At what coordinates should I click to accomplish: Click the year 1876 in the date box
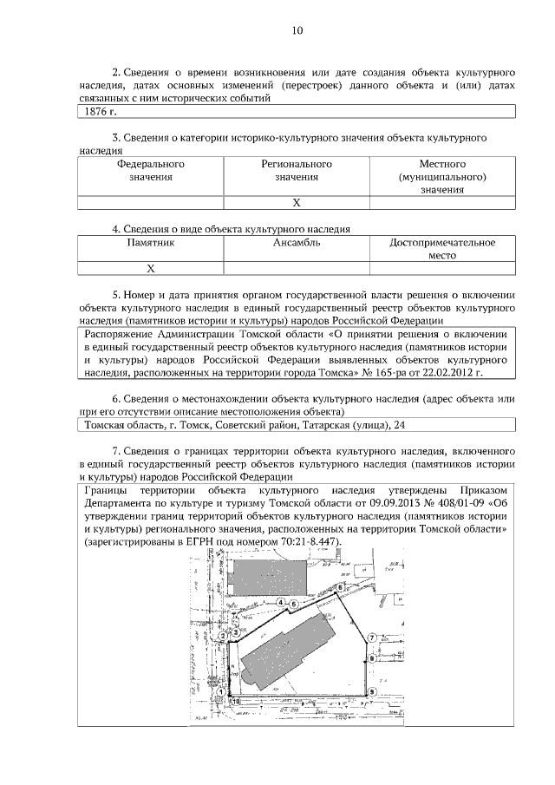click(x=93, y=112)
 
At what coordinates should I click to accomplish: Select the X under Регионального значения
click(x=297, y=202)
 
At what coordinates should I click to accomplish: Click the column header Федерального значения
click(x=151, y=170)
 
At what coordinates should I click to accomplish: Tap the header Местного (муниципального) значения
click(x=442, y=176)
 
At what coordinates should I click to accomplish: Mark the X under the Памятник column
click(x=151, y=268)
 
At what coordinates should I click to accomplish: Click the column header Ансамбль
click(x=297, y=243)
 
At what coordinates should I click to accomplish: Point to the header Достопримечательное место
click(x=442, y=250)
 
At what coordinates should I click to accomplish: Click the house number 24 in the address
click(x=399, y=424)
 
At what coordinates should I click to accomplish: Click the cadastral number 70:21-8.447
click(x=300, y=542)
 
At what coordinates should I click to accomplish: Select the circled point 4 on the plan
click(x=281, y=603)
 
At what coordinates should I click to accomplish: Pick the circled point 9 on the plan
click(x=371, y=691)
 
